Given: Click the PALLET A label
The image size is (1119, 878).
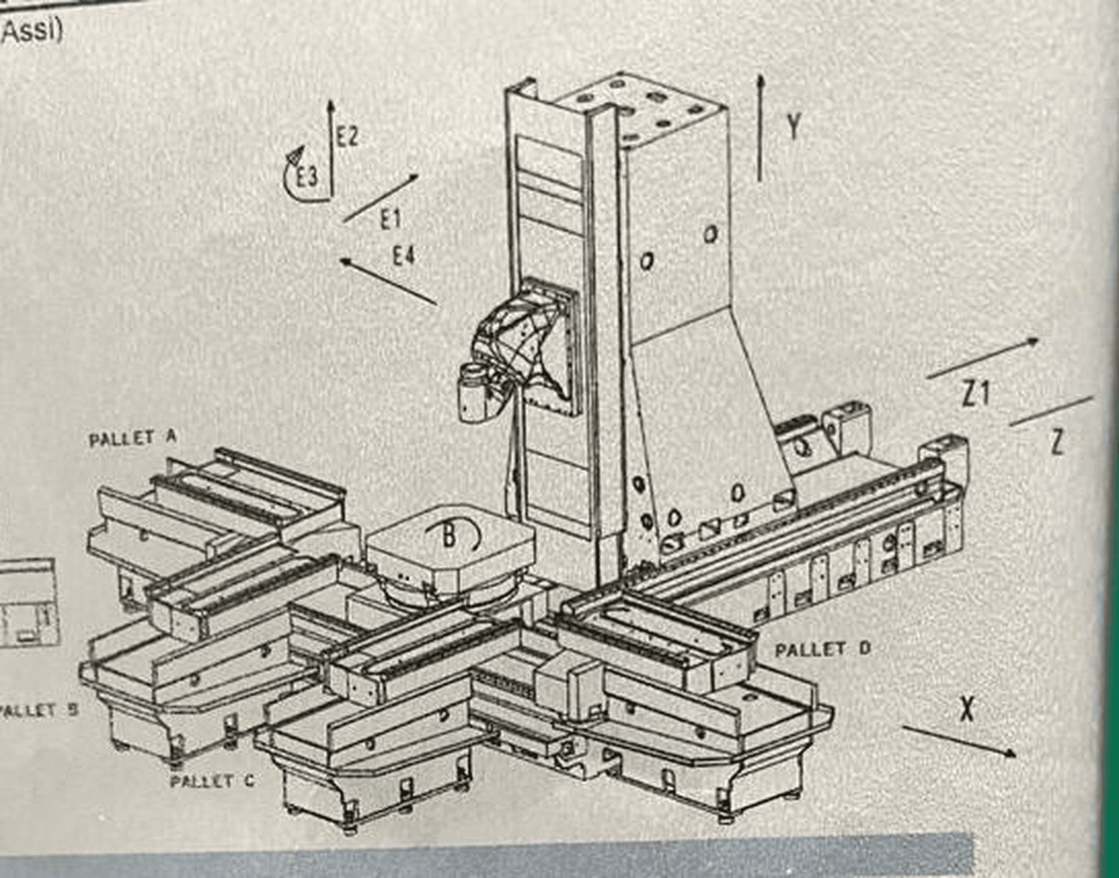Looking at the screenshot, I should pyautogui.click(x=132, y=438).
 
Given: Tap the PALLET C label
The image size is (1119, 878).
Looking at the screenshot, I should pyautogui.click(x=212, y=781).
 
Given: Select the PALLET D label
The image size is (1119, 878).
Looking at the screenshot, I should pyautogui.click(x=822, y=649).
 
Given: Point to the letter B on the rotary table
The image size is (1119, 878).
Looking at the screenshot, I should pyautogui.click(x=449, y=537).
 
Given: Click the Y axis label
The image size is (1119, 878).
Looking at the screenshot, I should pyautogui.click(x=793, y=126).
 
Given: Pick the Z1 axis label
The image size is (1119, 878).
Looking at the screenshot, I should pyautogui.click(x=976, y=394).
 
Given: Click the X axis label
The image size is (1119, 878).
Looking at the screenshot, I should pyautogui.click(x=967, y=709).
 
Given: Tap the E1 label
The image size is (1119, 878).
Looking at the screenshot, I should pyautogui.click(x=391, y=220).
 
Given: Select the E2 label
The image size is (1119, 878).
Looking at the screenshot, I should pyautogui.click(x=347, y=137).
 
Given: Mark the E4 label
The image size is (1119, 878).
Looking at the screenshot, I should pyautogui.click(x=404, y=255).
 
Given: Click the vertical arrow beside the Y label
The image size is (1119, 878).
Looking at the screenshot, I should pyautogui.click(x=760, y=128).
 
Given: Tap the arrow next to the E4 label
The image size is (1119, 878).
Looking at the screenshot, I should pyautogui.click(x=388, y=281).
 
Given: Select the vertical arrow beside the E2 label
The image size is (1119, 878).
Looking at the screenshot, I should pyautogui.click(x=331, y=149).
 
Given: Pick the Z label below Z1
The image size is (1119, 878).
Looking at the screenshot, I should pyautogui.click(x=1057, y=442).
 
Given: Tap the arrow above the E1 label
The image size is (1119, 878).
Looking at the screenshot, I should pyautogui.click(x=381, y=198).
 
